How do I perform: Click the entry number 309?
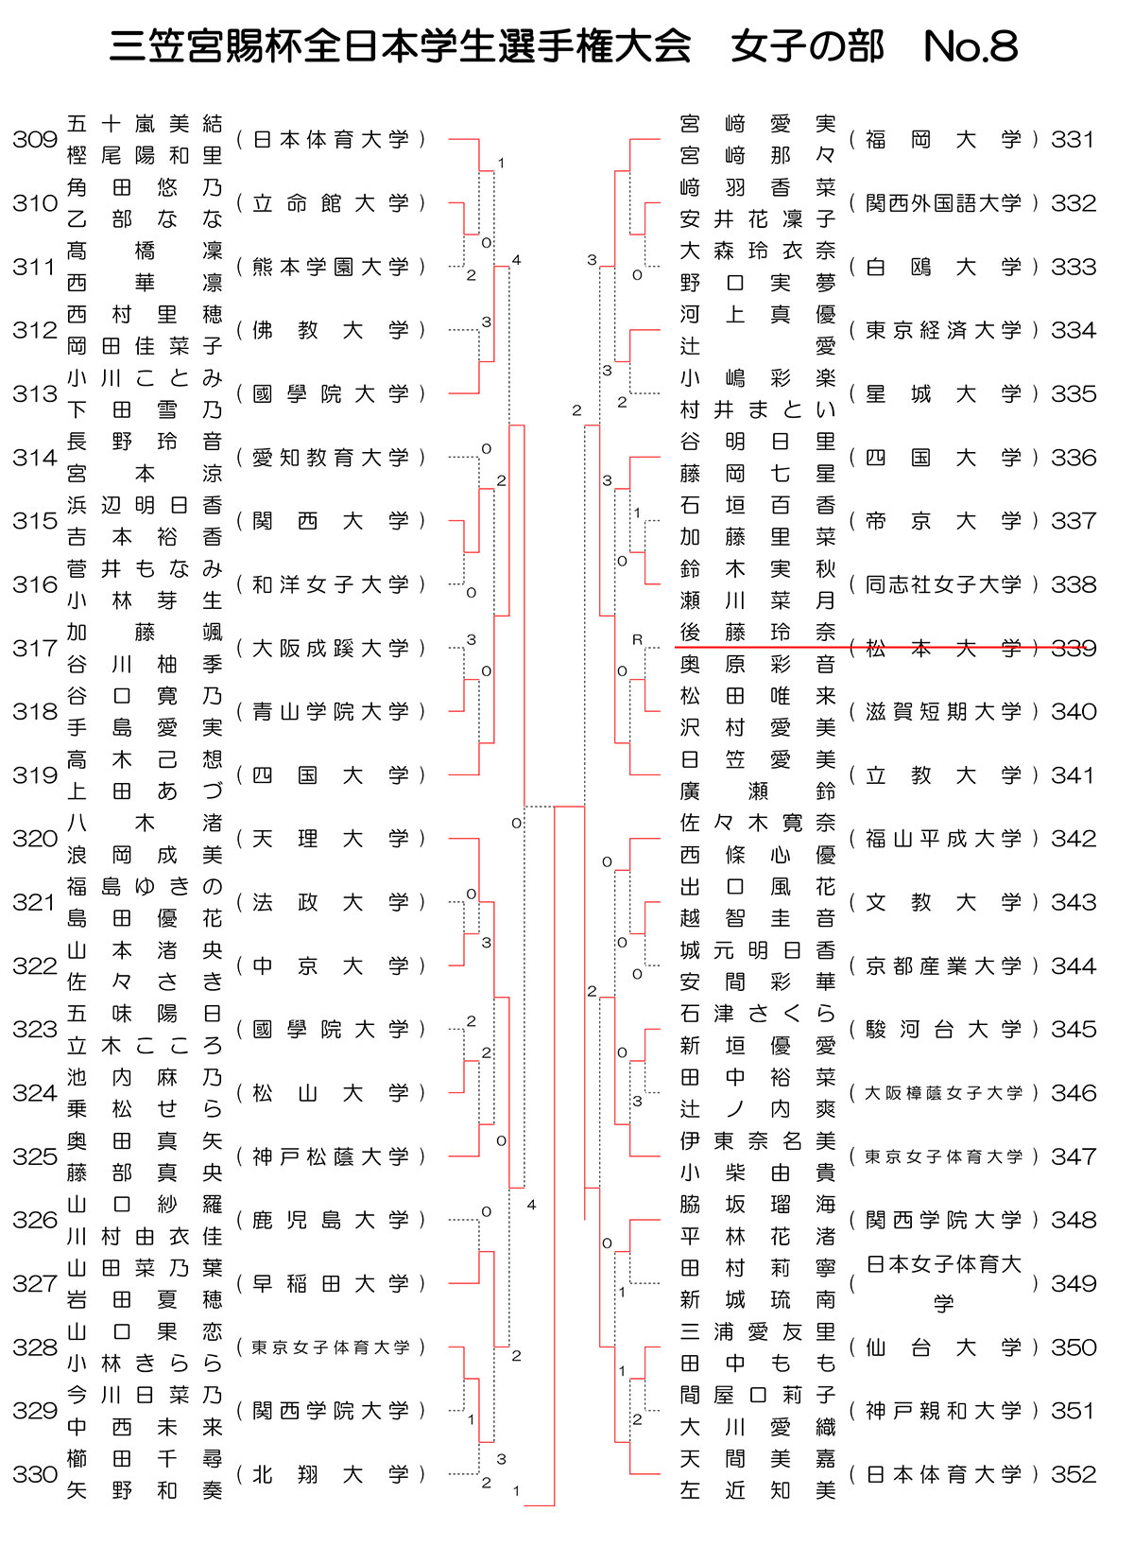pyautogui.click(x=35, y=140)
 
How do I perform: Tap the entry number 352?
pyautogui.click(x=1074, y=1474)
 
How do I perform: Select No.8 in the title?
pyautogui.click(x=971, y=46)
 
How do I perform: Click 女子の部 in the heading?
pyautogui.click(x=807, y=46)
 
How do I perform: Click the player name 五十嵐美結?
pyautogui.click(x=145, y=124)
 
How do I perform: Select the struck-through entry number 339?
pyautogui.click(x=1074, y=649)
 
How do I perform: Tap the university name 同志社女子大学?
pyautogui.click(x=943, y=584)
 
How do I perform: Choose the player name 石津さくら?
pyautogui.click(x=758, y=1014)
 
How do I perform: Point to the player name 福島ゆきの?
pyautogui.click(x=145, y=886)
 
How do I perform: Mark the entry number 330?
pyautogui.click(x=35, y=1474)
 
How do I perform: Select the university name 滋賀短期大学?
pyautogui.click(x=943, y=712)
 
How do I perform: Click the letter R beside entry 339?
pyautogui.click(x=637, y=640)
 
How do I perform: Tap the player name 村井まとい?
pyautogui.click(x=758, y=410)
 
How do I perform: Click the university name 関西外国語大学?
pyautogui.click(x=943, y=203)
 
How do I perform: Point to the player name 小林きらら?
pyautogui.click(x=145, y=1364)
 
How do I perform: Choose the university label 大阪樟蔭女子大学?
pyautogui.click(x=943, y=1093)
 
